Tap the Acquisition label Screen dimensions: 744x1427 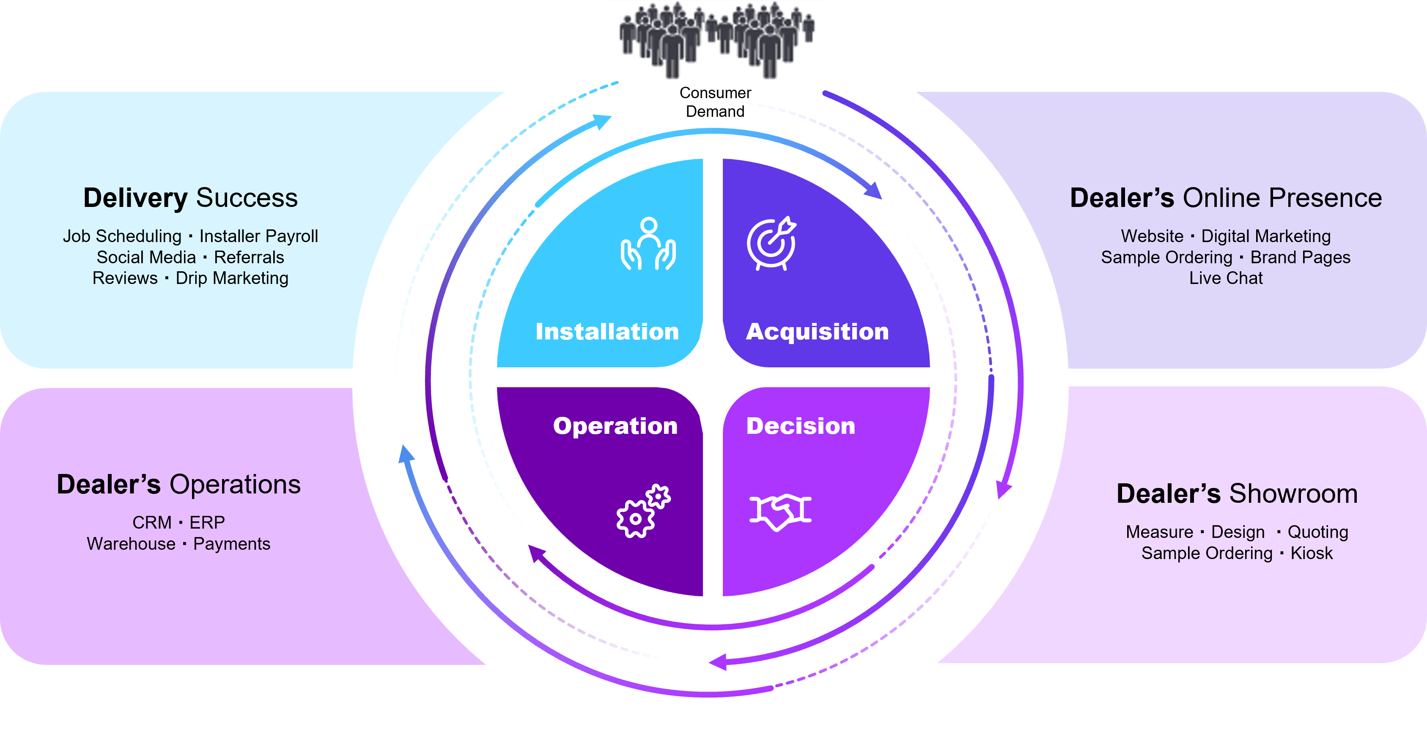pos(817,331)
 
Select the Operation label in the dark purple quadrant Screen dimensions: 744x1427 pos(615,426)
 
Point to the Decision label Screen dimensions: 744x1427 pos(801,426)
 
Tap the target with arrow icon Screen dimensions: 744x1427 pos(771,244)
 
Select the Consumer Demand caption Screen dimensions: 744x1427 pos(715,102)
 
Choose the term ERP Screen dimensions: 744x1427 pos(207,523)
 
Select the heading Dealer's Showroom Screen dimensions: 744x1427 pos(1237,493)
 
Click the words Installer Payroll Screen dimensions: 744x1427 pos(259,236)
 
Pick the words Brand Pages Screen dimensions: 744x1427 pos(1300,257)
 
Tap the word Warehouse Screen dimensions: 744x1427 pos(131,544)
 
